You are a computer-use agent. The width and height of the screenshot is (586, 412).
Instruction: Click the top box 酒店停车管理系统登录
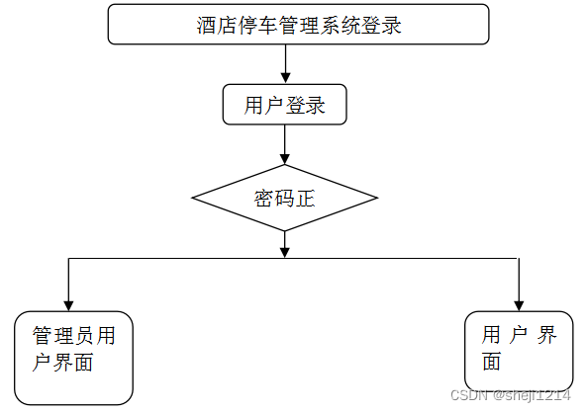pyautogui.click(x=298, y=25)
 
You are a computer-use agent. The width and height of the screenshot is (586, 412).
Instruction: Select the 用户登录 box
pyautogui.click(x=284, y=105)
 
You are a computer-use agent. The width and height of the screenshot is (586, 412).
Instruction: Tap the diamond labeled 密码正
pyautogui.click(x=284, y=198)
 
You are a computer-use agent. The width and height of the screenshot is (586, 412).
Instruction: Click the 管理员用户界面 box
pyautogui.click(x=73, y=358)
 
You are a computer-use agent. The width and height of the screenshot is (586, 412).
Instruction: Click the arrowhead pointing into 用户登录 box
pyautogui.click(x=285, y=78)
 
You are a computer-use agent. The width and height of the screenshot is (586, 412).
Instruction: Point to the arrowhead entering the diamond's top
pyautogui.click(x=285, y=159)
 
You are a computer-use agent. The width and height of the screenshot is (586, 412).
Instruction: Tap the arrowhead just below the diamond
pyautogui.click(x=285, y=252)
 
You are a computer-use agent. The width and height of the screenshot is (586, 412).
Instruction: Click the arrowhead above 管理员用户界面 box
pyautogui.click(x=68, y=305)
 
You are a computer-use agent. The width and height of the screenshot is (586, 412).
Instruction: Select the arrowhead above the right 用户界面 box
pyautogui.click(x=519, y=305)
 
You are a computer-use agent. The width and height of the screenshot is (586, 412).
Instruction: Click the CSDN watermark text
pyautogui.click(x=511, y=395)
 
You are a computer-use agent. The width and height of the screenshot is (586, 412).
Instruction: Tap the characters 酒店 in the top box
pyautogui.click(x=217, y=25)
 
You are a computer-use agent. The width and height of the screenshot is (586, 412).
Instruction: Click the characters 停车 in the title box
pyautogui.click(x=258, y=25)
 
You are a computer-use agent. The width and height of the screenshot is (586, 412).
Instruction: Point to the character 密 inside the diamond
pyautogui.click(x=264, y=199)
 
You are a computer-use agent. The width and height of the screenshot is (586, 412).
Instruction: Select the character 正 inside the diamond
pyautogui.click(x=305, y=199)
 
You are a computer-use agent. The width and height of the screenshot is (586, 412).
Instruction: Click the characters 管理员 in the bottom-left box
pyautogui.click(x=62, y=335)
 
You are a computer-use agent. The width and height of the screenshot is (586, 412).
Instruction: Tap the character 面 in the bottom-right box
pyautogui.click(x=491, y=362)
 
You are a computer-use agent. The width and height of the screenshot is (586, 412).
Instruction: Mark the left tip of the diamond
pyautogui.click(x=192, y=198)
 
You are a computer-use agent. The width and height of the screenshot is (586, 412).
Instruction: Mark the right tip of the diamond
pyautogui.click(x=377, y=198)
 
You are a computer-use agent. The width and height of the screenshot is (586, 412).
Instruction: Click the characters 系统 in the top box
pyautogui.click(x=340, y=25)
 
